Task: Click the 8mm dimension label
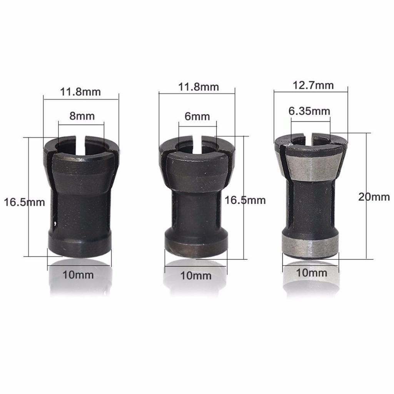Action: [82, 116]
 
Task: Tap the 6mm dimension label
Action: [197, 116]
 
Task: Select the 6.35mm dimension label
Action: [309, 111]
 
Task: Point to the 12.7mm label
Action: [313, 85]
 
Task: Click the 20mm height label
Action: [374, 197]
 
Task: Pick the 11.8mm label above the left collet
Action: [80, 92]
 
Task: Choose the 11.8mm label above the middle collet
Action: [199, 87]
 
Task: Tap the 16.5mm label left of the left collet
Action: [24, 202]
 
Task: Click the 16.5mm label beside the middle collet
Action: [245, 200]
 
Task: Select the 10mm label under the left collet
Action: [78, 275]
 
